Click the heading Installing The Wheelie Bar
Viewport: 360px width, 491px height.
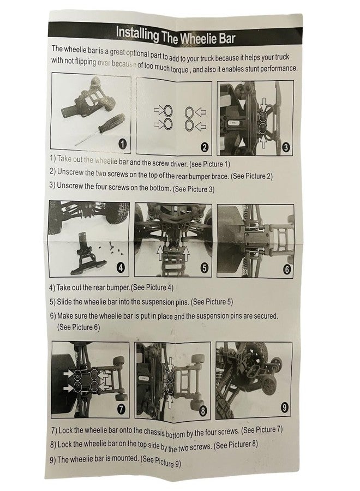point(175,35)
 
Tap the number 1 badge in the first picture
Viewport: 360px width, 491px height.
point(122,143)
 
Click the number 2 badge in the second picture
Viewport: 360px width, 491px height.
point(204,147)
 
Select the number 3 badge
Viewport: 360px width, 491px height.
point(285,147)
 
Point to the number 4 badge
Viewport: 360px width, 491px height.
point(121,267)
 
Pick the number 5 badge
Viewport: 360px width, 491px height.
point(204,268)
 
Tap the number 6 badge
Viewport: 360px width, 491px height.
point(287,269)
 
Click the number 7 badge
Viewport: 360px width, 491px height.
point(121,409)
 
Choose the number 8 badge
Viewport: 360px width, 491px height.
point(203,410)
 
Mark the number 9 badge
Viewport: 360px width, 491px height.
point(284,408)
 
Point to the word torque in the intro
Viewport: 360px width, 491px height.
point(179,69)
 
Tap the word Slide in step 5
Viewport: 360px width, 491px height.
point(64,302)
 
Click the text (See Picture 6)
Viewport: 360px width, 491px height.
point(79,327)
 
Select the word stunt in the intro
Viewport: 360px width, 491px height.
point(250,68)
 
